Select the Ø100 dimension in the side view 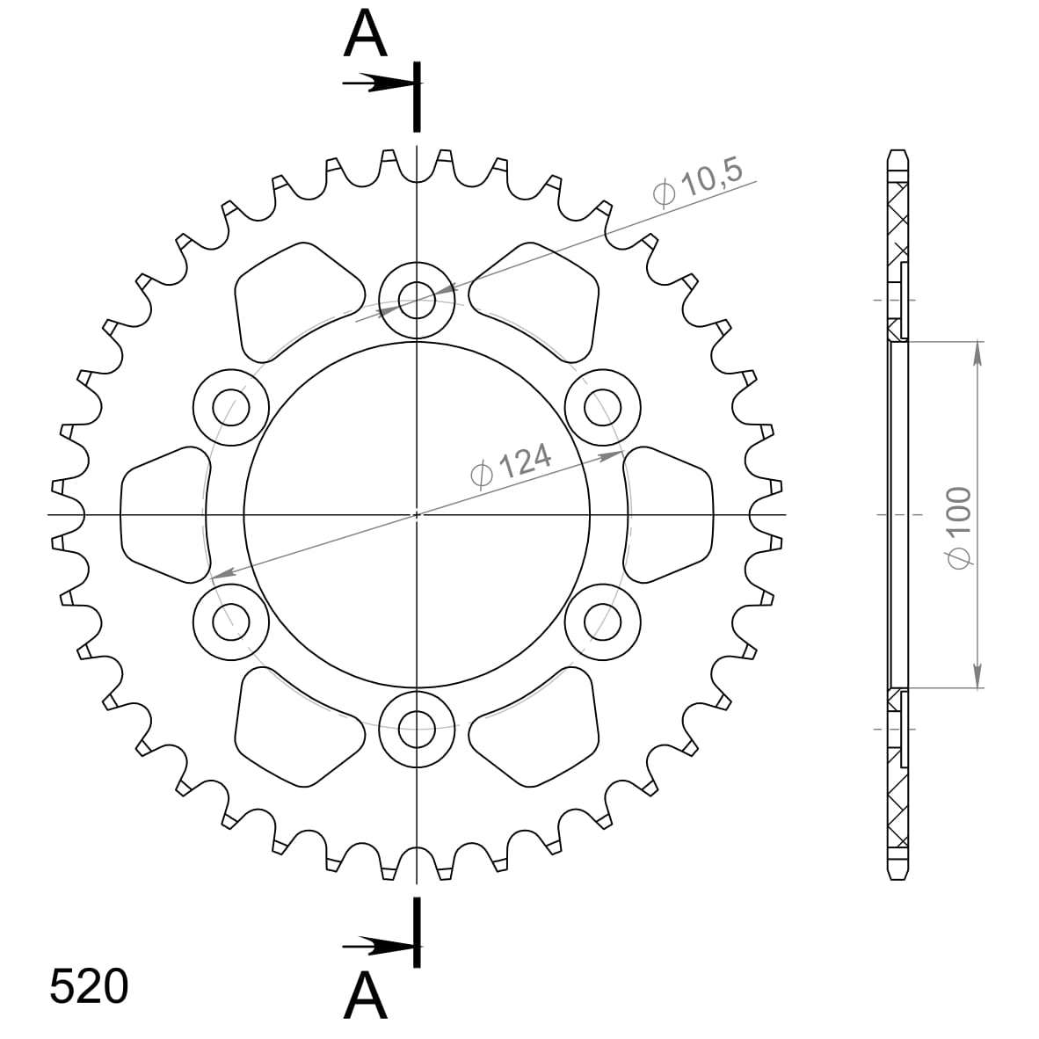tap(958, 527)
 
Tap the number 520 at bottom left tap(89, 987)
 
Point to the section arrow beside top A tap(376, 84)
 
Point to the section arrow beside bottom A tap(376, 947)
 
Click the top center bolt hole tap(417, 301)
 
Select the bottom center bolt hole tap(417, 726)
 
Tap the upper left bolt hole tap(230, 407)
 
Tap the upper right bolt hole tap(601, 407)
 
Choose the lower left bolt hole tap(230, 621)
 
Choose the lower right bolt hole tap(601, 621)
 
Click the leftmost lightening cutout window tap(163, 514)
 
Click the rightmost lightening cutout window tap(670, 514)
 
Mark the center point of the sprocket tap(417, 514)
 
